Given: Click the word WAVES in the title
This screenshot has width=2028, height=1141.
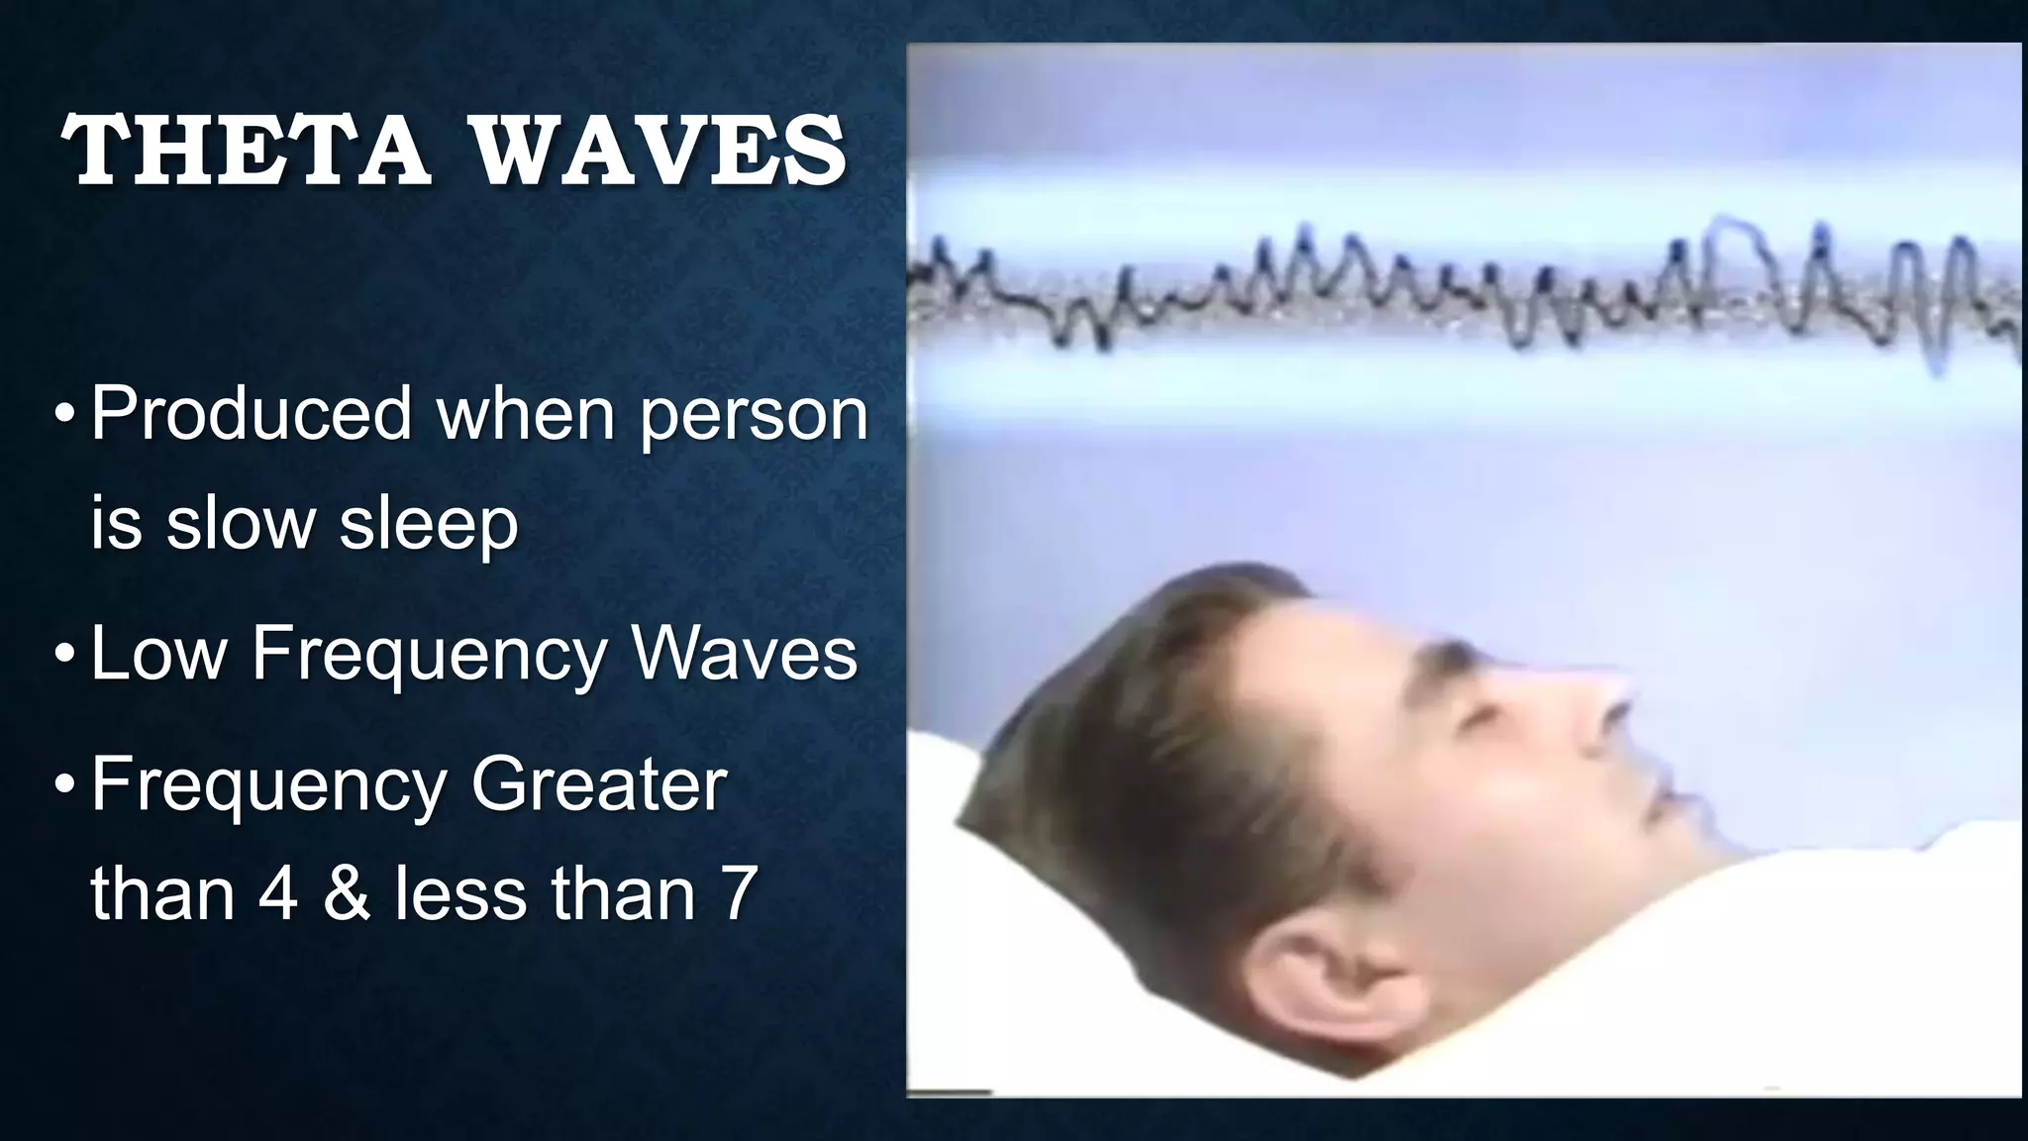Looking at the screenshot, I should coord(657,151).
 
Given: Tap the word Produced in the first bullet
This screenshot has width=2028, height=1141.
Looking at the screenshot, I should coord(251,413).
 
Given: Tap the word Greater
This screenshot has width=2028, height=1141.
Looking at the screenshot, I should coord(598,785).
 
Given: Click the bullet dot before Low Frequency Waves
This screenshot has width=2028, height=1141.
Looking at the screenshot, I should coord(64,656).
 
